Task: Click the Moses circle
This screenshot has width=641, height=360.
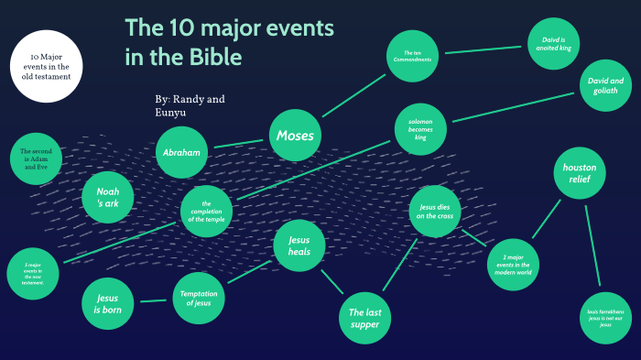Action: [295, 136]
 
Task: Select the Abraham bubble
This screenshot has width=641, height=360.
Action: [181, 151]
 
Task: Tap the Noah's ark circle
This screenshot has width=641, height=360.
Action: [108, 198]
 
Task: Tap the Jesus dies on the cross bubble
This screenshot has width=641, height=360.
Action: [434, 212]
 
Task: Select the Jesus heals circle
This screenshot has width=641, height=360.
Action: [299, 245]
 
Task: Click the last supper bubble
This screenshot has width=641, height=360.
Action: [365, 318]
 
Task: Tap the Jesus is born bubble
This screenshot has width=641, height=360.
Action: [108, 302]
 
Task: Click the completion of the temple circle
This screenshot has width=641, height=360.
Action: [206, 212]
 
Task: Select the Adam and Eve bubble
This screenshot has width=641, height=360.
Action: [37, 159]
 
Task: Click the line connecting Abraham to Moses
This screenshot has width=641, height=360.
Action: [238, 143]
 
